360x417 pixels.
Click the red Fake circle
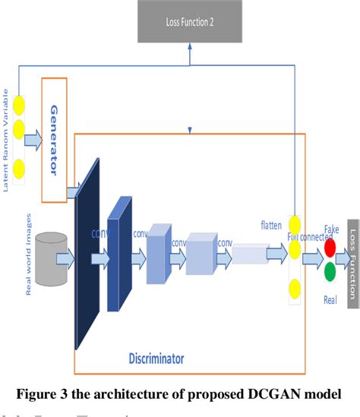[329, 248]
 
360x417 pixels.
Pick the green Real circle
[329, 272]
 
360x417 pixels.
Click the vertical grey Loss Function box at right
[353, 255]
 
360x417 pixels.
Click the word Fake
[331, 229]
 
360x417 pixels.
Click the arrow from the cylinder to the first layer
[67, 261]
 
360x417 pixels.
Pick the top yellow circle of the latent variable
[17, 103]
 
